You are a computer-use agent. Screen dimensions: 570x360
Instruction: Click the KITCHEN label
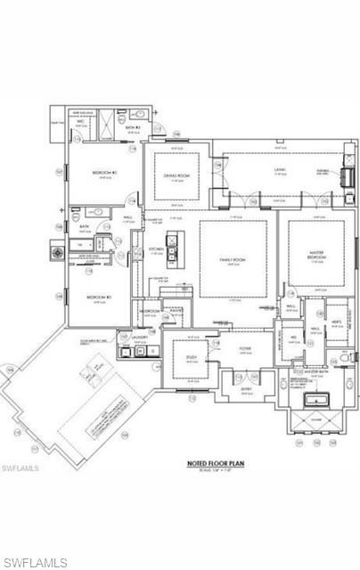click(x=156, y=248)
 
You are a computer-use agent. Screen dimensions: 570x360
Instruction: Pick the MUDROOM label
click(x=150, y=311)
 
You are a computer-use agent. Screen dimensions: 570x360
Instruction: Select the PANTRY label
click(x=176, y=310)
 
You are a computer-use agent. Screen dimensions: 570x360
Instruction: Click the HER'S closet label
click(x=337, y=322)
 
